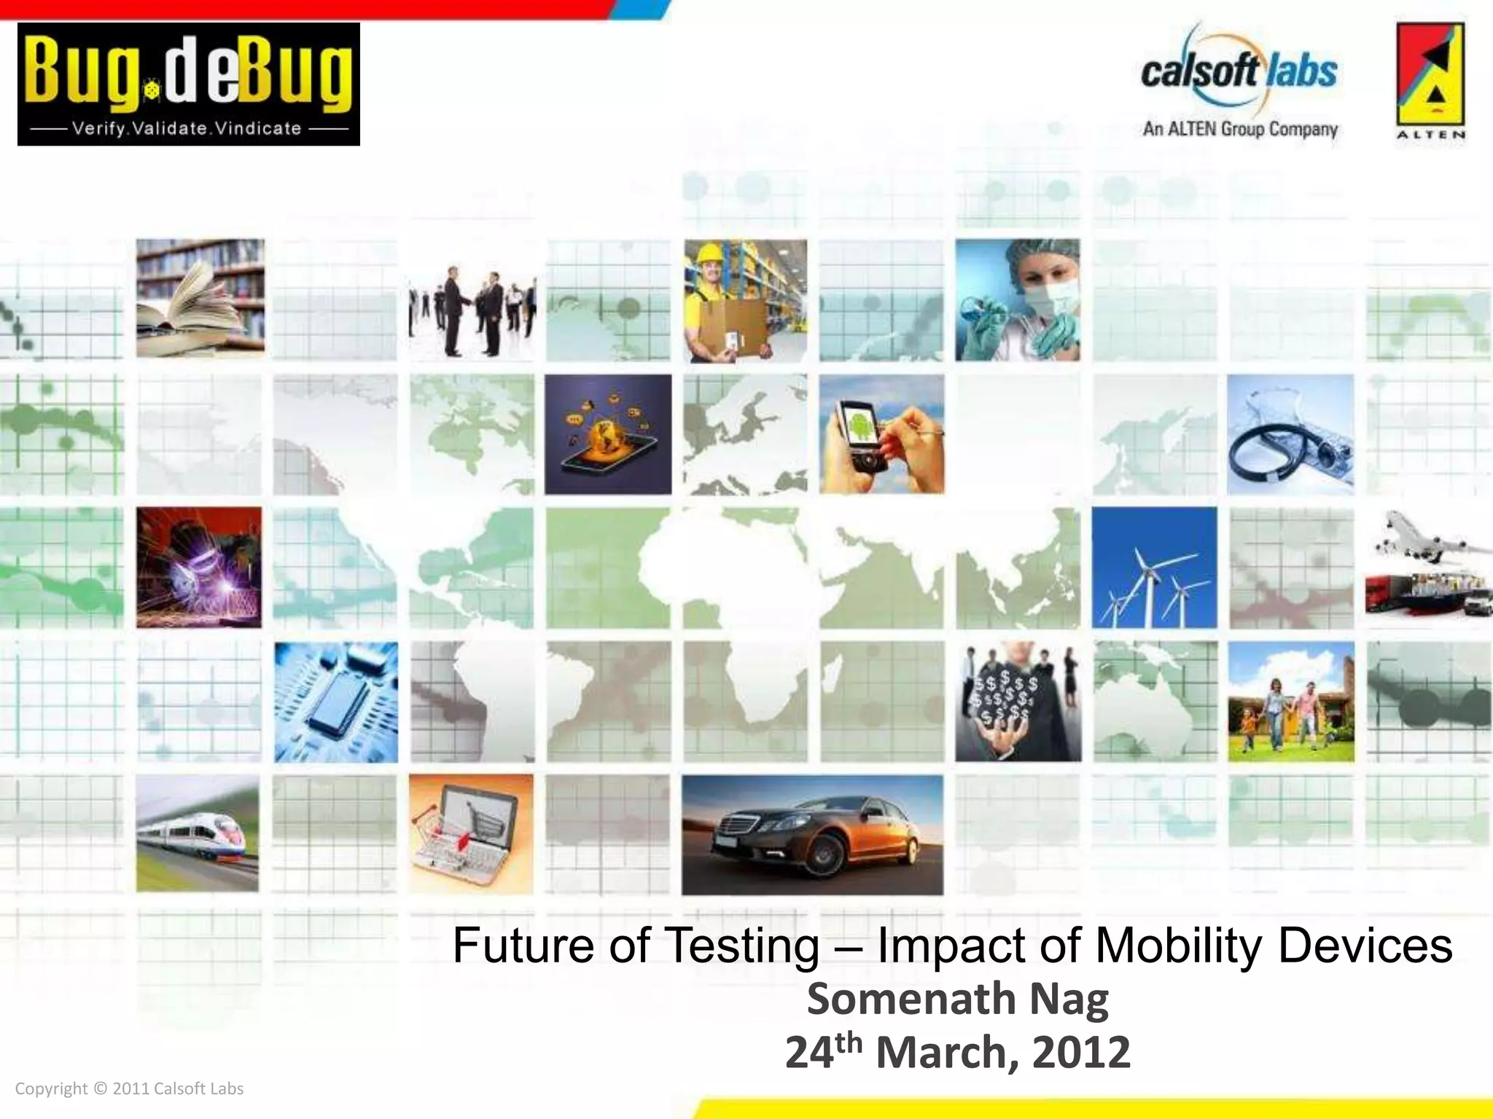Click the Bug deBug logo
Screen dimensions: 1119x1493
pos(188,84)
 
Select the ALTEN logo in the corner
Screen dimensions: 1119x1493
pos(1430,80)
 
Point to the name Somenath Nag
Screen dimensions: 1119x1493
pos(957,999)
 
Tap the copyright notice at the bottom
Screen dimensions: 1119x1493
pos(129,1088)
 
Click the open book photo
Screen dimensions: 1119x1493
pos(200,298)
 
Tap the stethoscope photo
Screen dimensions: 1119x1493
pos(1290,435)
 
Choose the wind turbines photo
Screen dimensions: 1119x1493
pos(1154,568)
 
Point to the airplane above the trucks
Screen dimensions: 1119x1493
pos(1422,535)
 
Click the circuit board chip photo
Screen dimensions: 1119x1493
pos(336,702)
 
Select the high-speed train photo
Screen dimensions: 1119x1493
pos(197,833)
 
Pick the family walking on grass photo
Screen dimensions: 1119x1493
pos(1290,702)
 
